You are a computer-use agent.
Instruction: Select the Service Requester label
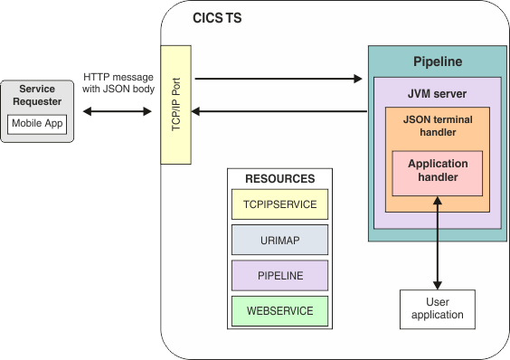click(x=37, y=95)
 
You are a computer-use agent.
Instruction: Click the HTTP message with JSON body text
click(x=118, y=83)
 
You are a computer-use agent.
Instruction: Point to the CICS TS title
click(x=217, y=18)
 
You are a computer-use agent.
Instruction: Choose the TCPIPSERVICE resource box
click(x=279, y=204)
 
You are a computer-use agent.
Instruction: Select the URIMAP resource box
click(x=279, y=240)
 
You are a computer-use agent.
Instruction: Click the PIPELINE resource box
click(x=279, y=275)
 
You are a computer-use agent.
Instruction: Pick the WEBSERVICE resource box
click(x=279, y=310)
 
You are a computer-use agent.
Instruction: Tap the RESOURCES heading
click(x=279, y=179)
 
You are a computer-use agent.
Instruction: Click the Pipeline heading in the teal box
click(x=438, y=62)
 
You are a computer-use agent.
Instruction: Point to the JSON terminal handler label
click(x=438, y=126)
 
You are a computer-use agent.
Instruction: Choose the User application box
click(x=438, y=308)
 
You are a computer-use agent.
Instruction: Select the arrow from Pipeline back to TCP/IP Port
click(x=280, y=111)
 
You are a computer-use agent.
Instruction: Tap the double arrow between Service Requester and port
click(x=118, y=111)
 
